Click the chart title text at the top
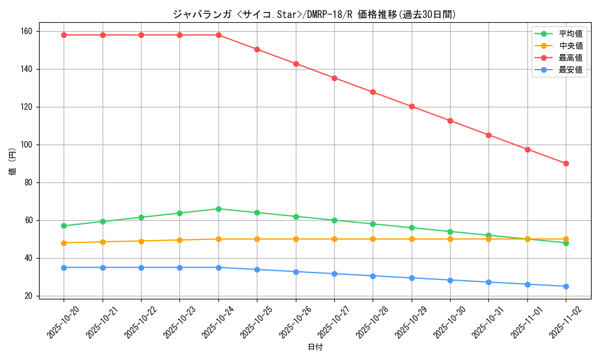click(314, 14)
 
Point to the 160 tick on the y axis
click(28, 31)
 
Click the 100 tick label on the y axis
click(28, 145)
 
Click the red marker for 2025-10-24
click(218, 35)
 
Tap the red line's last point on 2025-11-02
click(566, 163)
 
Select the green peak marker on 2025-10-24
click(218, 209)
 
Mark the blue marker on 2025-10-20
click(64, 268)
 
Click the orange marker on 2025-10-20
click(64, 243)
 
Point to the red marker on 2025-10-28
click(373, 92)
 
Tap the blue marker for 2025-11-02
click(566, 286)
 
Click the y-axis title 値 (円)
click(12, 163)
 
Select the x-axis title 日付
click(315, 347)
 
